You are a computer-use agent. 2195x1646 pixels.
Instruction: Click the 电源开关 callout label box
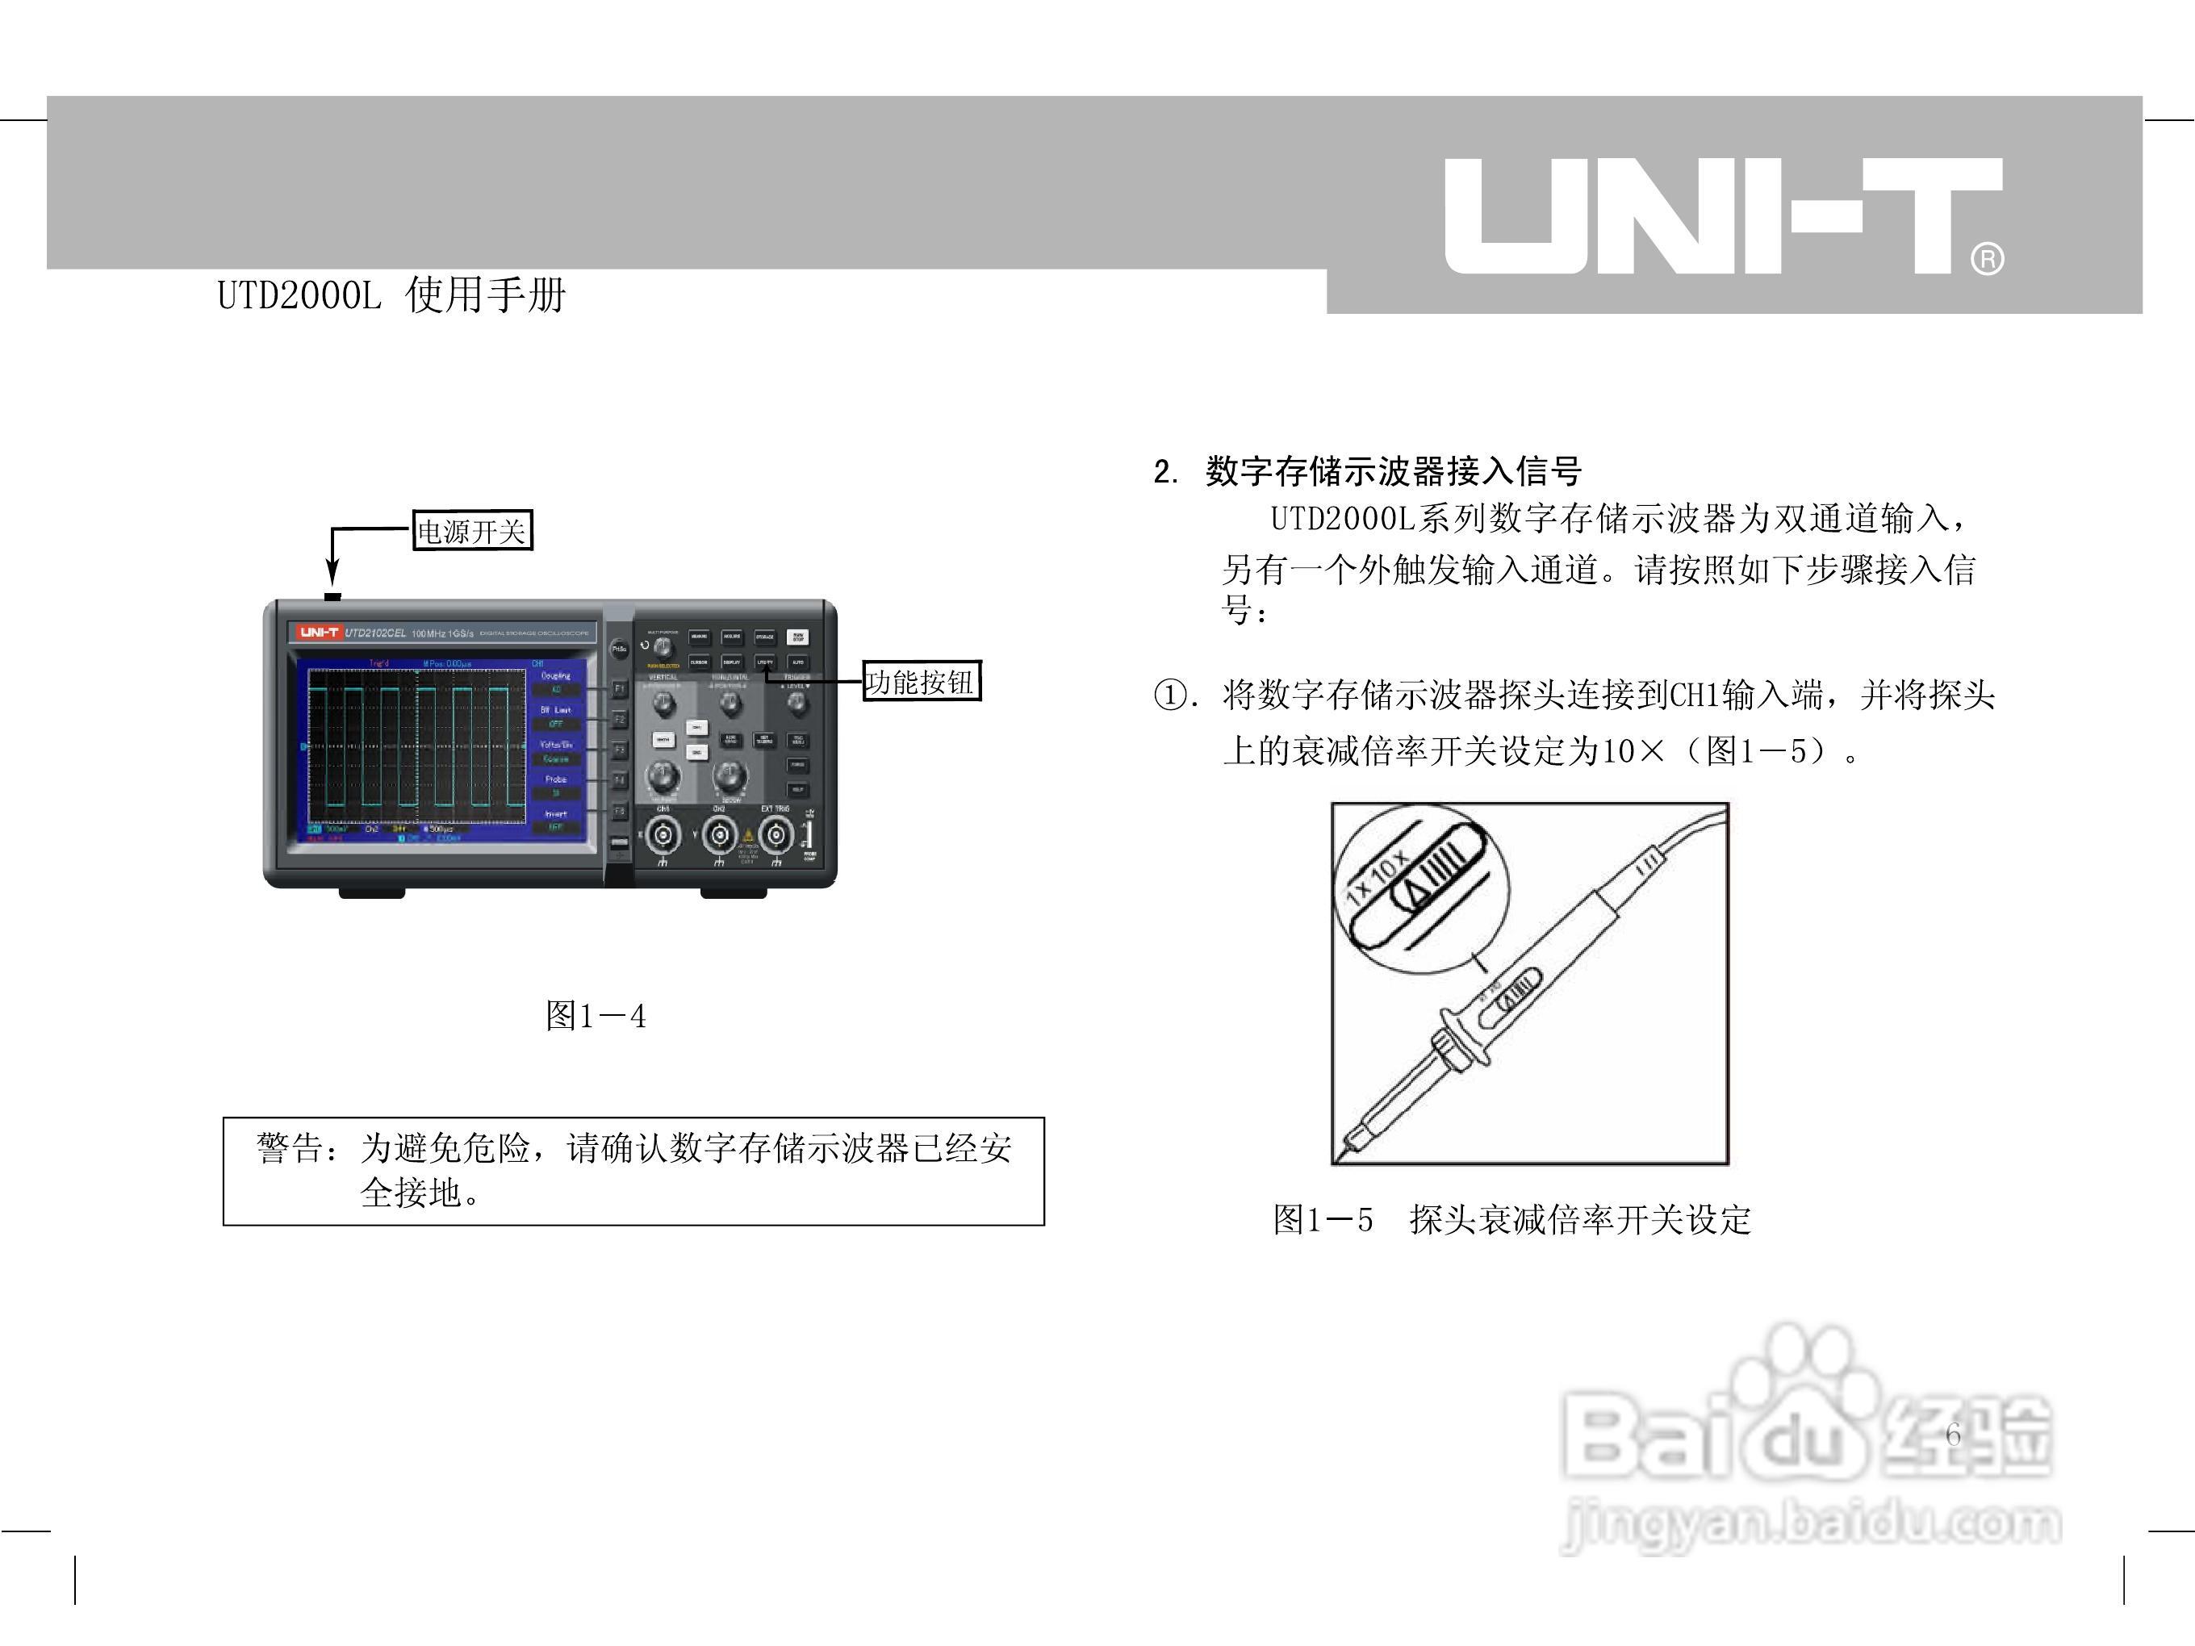[472, 531]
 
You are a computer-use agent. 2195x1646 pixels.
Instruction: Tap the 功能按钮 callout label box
[921, 682]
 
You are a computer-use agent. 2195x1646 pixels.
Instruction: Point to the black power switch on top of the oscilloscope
[332, 596]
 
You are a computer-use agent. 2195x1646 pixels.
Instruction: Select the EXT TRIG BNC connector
[776, 837]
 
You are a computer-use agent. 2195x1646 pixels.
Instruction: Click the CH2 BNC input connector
[720, 837]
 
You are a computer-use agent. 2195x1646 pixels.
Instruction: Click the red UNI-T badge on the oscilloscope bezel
[319, 632]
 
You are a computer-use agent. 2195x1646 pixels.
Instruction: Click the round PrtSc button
[619, 649]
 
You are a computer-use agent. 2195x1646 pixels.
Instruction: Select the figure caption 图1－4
[596, 1015]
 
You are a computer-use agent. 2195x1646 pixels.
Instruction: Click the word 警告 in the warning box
[289, 1148]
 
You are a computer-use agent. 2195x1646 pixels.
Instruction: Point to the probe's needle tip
[1340, 1155]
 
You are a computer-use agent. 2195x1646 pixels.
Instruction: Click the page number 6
[1952, 1435]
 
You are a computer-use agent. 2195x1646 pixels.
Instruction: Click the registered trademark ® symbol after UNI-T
[1988, 259]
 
